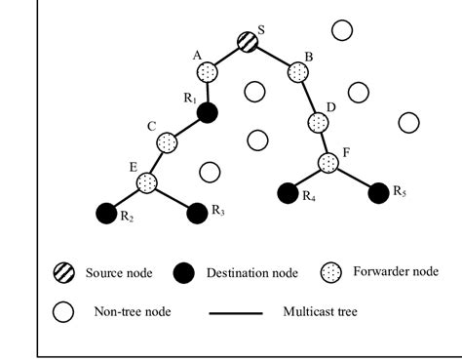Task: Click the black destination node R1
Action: pyautogui.click(x=207, y=113)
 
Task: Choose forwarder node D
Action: pyautogui.click(x=318, y=123)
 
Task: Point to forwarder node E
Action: pyautogui.click(x=146, y=182)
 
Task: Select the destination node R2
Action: pyautogui.click(x=106, y=211)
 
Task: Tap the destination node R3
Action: pyautogui.click(x=195, y=211)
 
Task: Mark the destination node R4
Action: pyautogui.click(x=287, y=193)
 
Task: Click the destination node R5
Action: pyautogui.click(x=378, y=192)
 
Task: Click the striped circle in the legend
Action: pyautogui.click(x=64, y=274)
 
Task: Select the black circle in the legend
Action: pyautogui.click(x=188, y=274)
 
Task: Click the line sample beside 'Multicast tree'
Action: pyautogui.click(x=236, y=313)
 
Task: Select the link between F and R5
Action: pyautogui.click(x=354, y=179)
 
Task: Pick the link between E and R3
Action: pyautogui.click(x=171, y=196)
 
